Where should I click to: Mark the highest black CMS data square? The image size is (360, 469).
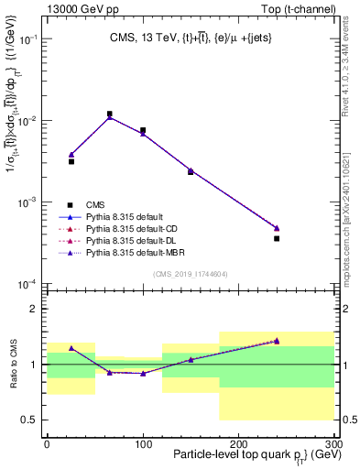110,115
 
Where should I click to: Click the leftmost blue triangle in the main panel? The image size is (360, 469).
71,155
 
